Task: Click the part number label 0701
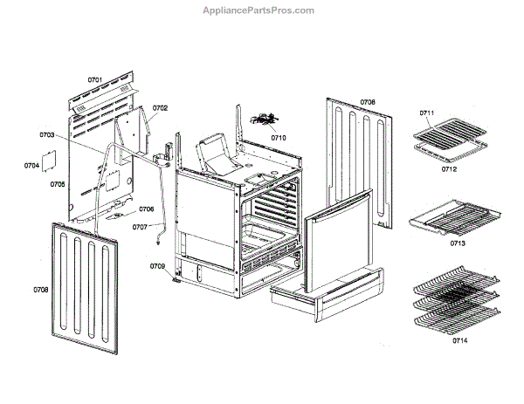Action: [x=95, y=80]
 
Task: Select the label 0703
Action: [x=47, y=135]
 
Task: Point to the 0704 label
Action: [x=31, y=165]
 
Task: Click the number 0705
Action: [x=58, y=184]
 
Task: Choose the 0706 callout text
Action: [x=146, y=209]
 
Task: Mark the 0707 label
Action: [x=140, y=227]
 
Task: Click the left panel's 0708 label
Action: [x=41, y=288]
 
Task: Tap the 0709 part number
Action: [x=157, y=265]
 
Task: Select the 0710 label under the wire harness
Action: [x=278, y=137]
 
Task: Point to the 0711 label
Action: [x=426, y=113]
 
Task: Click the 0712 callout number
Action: [x=449, y=169]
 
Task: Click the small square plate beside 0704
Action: [x=50, y=163]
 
